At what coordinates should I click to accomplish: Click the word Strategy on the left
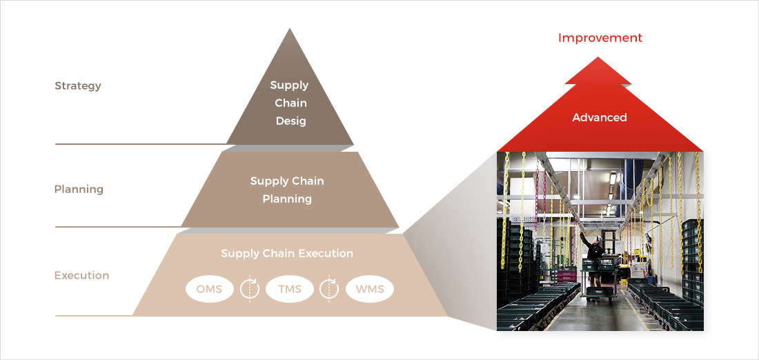78,86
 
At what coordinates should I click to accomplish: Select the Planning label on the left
79,189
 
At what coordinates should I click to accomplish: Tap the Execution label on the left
81,275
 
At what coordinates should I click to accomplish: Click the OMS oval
209,289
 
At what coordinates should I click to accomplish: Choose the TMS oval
290,289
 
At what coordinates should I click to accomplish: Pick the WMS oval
369,289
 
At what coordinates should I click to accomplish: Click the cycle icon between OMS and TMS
249,289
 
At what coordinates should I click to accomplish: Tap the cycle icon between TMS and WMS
329,289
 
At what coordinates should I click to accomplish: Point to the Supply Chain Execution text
287,253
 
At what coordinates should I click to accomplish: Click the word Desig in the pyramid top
290,121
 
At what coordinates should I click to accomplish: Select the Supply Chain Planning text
287,190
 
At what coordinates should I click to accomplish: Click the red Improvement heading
600,38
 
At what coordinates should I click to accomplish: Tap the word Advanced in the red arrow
600,117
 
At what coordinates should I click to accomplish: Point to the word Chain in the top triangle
290,103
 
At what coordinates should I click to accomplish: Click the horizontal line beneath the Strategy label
138,144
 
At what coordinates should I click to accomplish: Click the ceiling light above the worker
611,179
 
